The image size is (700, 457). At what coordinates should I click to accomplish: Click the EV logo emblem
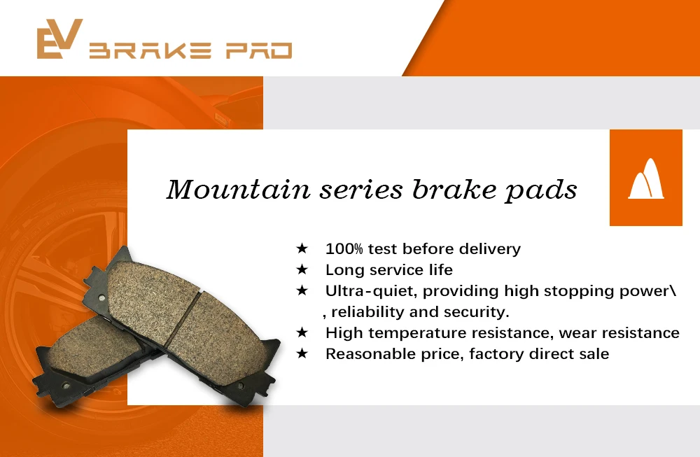point(60,38)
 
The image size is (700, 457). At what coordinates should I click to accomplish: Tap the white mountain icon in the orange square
point(645,178)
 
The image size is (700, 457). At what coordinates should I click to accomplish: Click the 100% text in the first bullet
point(344,248)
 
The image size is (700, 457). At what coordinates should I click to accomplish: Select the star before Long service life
point(302,269)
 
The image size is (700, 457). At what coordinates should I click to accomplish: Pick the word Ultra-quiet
point(370,291)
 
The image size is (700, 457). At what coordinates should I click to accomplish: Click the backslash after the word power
point(673,291)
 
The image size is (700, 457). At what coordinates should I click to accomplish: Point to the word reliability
point(369,312)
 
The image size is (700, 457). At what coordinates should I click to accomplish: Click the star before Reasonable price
point(302,354)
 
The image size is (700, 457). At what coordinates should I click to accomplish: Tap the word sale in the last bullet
point(594,354)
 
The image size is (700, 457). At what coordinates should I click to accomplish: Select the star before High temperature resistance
point(302,333)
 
